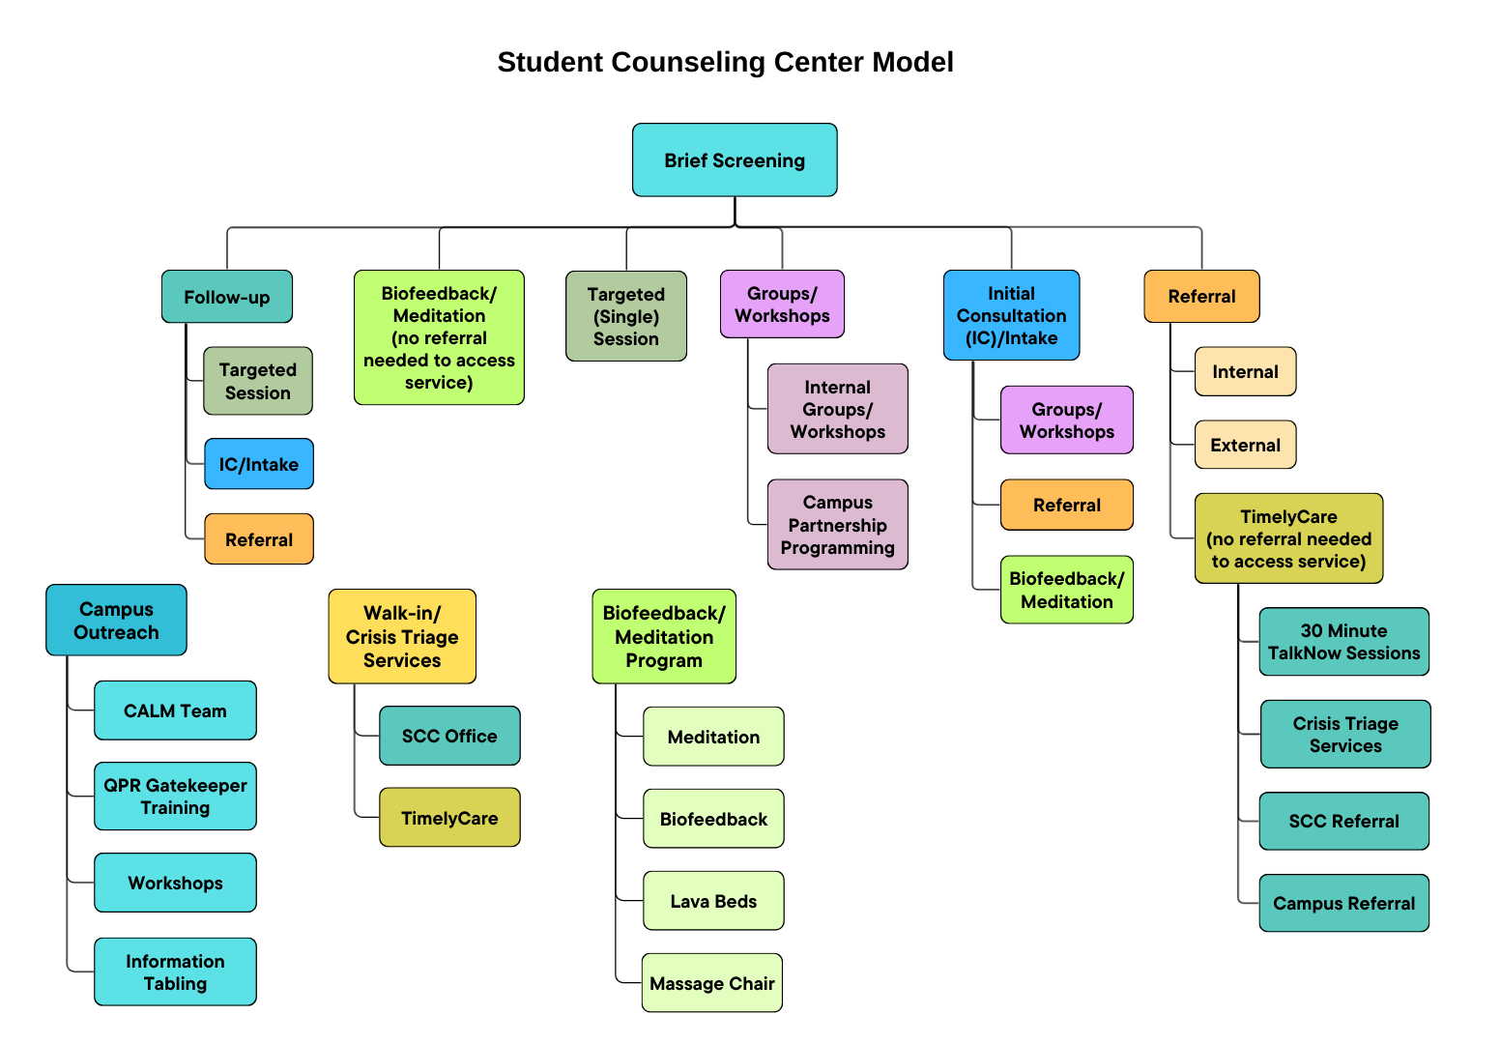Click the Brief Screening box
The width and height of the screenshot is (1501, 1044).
(x=735, y=160)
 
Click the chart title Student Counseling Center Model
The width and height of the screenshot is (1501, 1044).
(x=725, y=62)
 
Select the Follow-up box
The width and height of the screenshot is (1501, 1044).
(x=227, y=297)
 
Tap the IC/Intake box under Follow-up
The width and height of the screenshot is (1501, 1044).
(x=259, y=464)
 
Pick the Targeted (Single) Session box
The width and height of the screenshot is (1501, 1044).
(x=626, y=316)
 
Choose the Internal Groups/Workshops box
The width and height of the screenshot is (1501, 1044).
(x=838, y=409)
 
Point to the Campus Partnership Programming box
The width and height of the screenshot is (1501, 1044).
(x=838, y=525)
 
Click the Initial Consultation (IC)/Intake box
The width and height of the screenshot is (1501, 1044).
(x=1011, y=315)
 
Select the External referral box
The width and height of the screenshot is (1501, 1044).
(x=1245, y=445)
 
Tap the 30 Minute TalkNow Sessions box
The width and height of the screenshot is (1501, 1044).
(x=1343, y=642)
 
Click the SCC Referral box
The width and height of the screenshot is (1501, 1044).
(x=1343, y=822)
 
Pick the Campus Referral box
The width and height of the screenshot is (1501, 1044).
(x=1343, y=904)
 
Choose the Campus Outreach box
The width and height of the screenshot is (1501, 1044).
(x=116, y=621)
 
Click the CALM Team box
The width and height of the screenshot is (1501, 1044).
(x=175, y=710)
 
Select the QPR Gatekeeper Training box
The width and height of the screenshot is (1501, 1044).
(x=175, y=797)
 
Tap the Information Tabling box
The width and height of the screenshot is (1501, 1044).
(x=175, y=972)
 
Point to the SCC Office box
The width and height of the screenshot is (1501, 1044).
(x=449, y=737)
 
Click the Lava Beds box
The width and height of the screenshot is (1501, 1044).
(x=713, y=901)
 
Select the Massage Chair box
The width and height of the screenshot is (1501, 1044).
(x=712, y=983)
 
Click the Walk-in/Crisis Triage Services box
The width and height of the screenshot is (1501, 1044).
(x=402, y=637)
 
